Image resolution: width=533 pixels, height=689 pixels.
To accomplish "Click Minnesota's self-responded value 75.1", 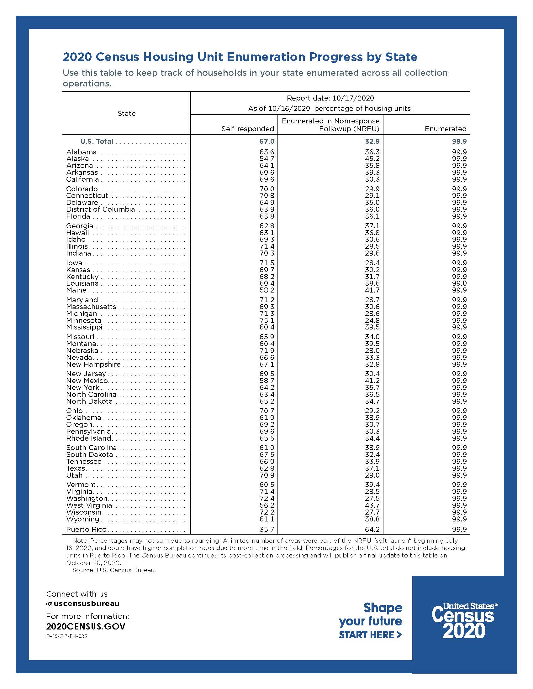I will pyautogui.click(x=267, y=320).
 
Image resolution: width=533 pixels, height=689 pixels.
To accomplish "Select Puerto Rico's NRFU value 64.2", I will pyautogui.click(x=372, y=529).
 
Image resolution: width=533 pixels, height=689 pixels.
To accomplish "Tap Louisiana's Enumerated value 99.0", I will pyautogui.click(x=459, y=283).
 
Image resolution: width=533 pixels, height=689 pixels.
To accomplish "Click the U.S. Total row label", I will pyautogui.click(x=97, y=141).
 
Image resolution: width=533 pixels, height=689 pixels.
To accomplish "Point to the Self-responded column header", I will pyautogui.click(x=248, y=129).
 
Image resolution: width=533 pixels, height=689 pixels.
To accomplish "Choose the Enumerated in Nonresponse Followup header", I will pyautogui.click(x=330, y=125).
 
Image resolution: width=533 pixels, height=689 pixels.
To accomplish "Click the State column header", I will pyautogui.click(x=127, y=114).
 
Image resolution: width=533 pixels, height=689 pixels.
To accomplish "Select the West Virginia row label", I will pyautogui.click(x=89, y=505).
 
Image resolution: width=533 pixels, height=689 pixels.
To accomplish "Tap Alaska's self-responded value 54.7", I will pyautogui.click(x=267, y=159).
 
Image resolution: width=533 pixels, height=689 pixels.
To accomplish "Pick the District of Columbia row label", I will pyautogui.click(x=100, y=210).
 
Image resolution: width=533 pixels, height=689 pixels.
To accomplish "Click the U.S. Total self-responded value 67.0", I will pyautogui.click(x=267, y=141).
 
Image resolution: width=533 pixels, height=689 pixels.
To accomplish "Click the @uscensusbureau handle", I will pyautogui.click(x=83, y=604).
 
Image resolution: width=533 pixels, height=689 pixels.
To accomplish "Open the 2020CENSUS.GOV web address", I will pyautogui.click(x=86, y=626).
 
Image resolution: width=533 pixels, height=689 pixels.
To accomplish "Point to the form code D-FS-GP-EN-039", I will pyautogui.click(x=66, y=636).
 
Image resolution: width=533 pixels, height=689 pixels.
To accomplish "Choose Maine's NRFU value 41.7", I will pyautogui.click(x=372, y=290).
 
